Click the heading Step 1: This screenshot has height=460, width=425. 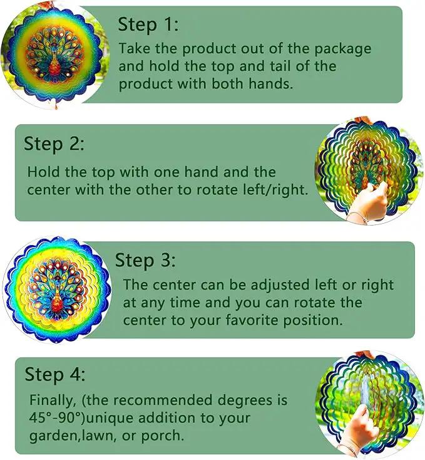(148, 24)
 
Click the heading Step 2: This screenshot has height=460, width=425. (54, 144)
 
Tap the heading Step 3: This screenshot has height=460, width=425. (145, 260)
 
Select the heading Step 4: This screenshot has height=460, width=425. (55, 375)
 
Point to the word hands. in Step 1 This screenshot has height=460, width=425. (270, 83)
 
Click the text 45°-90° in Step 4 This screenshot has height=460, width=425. (55, 418)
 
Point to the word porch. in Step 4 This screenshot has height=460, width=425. (163, 436)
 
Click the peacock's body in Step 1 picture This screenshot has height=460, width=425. (54, 65)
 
